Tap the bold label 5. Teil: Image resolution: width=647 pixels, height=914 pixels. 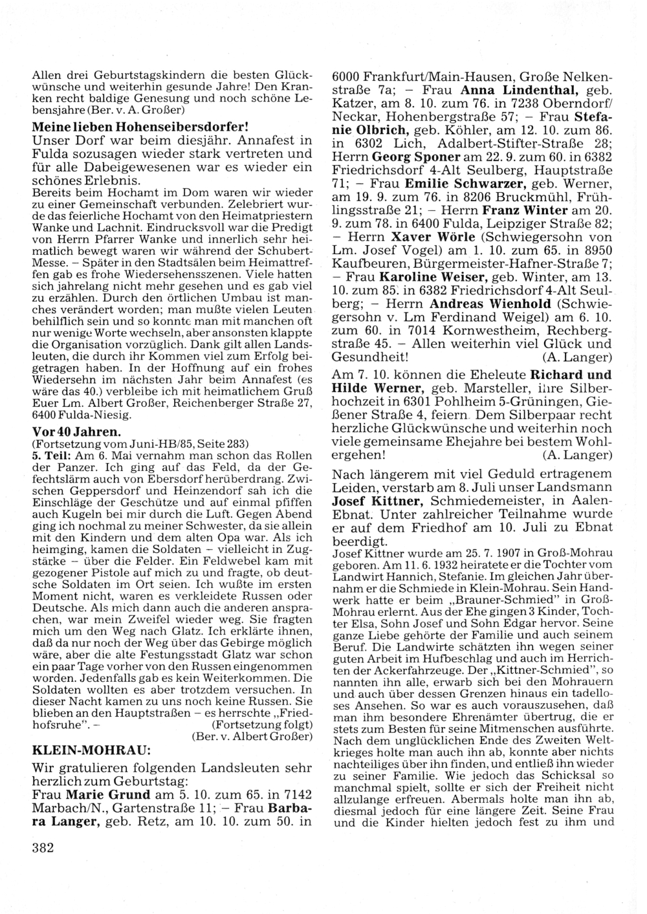49,455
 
